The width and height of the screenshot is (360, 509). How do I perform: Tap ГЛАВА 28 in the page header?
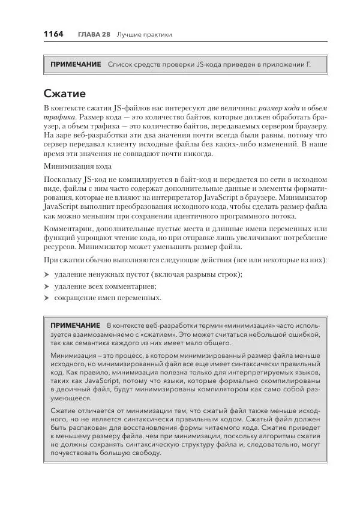tap(93, 35)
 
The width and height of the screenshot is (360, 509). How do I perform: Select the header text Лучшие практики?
tap(144, 35)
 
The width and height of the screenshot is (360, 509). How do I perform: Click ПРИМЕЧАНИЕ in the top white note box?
tap(76, 64)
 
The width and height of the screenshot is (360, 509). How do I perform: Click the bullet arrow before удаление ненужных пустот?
tap(47, 274)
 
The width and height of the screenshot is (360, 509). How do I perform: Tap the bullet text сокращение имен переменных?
tap(107, 297)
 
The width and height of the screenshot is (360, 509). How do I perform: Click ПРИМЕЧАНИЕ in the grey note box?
tap(76, 325)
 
